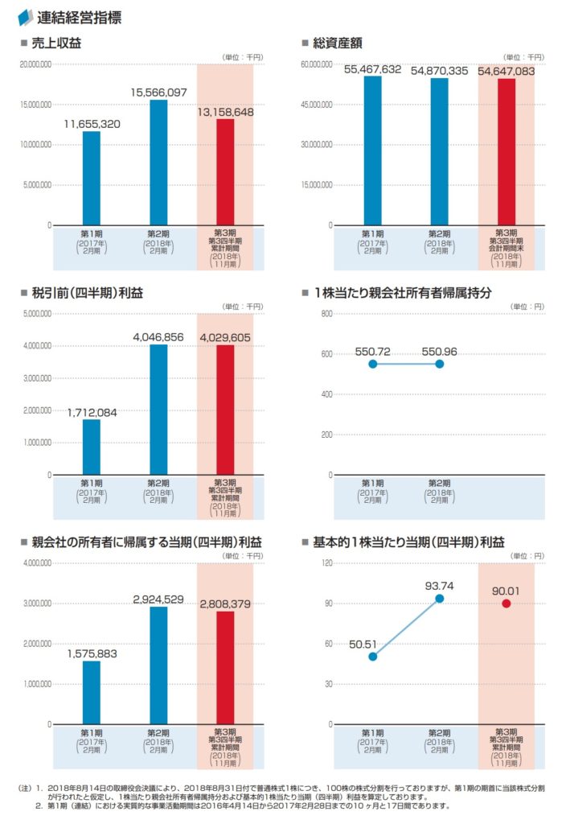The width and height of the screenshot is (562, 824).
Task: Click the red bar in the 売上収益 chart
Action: pyautogui.click(x=225, y=172)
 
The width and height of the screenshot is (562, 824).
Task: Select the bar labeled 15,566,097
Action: pyautogui.click(x=158, y=162)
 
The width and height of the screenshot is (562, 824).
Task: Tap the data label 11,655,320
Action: pyautogui.click(x=92, y=124)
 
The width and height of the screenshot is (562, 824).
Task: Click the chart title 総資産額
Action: pyautogui.click(x=340, y=43)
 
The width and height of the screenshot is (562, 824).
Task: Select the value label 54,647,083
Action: pyautogui.click(x=507, y=72)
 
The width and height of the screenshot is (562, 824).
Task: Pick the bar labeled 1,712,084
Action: pyautogui.click(x=92, y=447)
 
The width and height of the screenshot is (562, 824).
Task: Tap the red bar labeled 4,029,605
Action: pyautogui.click(x=225, y=410)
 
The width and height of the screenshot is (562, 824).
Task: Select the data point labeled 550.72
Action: pyautogui.click(x=372, y=364)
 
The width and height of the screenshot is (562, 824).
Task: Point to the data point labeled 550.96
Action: pyautogui.click(x=439, y=364)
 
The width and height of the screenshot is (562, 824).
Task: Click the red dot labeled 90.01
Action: pyautogui.click(x=507, y=604)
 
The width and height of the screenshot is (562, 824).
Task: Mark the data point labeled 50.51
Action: pyautogui.click(x=372, y=657)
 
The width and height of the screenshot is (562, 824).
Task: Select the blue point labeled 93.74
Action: pyautogui.click(x=439, y=598)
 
